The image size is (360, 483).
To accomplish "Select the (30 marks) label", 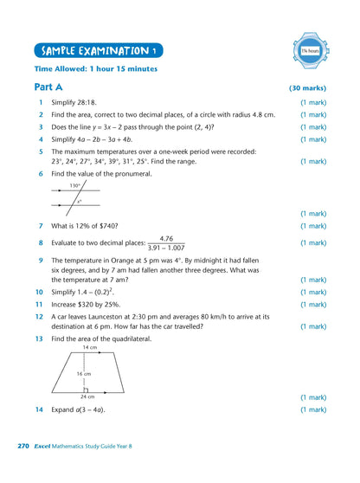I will click(x=307, y=88).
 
